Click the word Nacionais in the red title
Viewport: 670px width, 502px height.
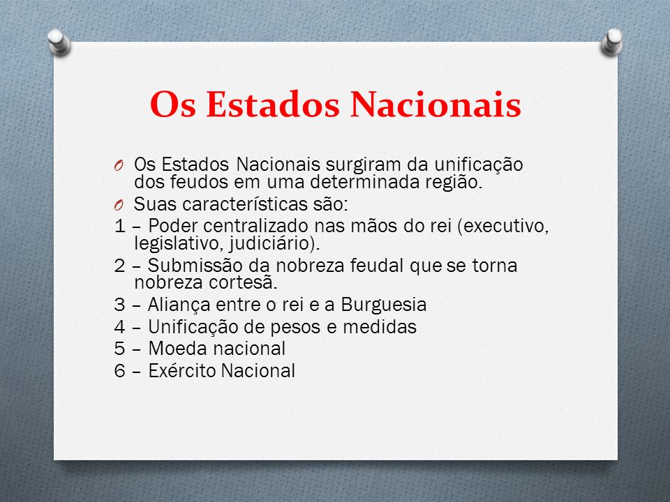click(435, 104)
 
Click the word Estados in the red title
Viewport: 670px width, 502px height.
click(273, 104)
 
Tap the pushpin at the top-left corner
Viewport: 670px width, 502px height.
click(59, 43)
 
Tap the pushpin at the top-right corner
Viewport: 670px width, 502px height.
click(611, 42)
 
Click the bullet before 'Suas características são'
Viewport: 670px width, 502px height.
click(119, 205)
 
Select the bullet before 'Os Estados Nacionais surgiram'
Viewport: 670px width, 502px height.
click(119, 165)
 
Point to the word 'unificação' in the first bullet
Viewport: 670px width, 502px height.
click(479, 165)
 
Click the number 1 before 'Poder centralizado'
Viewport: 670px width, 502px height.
click(119, 226)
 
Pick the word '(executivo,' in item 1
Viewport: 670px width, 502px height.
click(503, 226)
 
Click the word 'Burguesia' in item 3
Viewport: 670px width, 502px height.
click(383, 305)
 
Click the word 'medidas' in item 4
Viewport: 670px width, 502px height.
click(380, 327)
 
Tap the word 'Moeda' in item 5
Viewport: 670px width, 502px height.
click(171, 349)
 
